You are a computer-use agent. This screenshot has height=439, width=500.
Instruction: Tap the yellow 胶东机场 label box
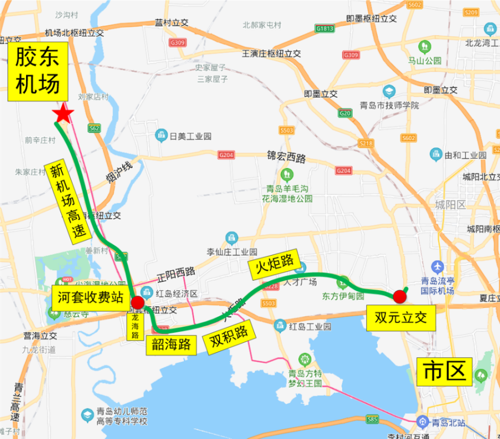(x=37, y=71)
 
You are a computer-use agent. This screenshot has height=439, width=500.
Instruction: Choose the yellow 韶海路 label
(x=171, y=345)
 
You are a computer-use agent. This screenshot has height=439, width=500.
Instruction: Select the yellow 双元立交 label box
(x=401, y=318)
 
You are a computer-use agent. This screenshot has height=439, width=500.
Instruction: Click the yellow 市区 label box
(x=444, y=372)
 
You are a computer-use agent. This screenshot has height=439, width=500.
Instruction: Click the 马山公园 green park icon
(x=425, y=45)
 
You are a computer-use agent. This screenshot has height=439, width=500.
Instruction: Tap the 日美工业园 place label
(x=183, y=136)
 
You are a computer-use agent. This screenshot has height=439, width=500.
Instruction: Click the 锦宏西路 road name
(x=287, y=158)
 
